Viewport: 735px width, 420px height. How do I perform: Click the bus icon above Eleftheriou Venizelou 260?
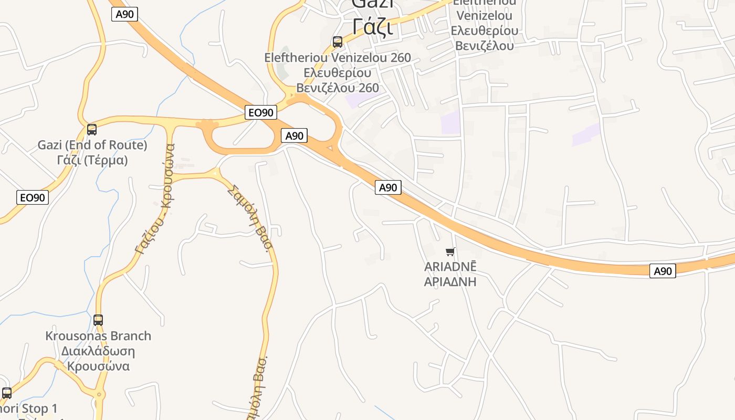click(x=338, y=41)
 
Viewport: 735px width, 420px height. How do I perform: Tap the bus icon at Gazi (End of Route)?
click(x=92, y=129)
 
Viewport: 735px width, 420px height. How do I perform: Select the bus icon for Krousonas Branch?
click(x=98, y=320)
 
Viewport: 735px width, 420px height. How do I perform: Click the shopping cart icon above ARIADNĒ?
click(x=450, y=252)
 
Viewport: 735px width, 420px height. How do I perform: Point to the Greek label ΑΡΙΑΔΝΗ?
click(x=450, y=281)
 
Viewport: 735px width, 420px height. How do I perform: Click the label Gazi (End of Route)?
click(x=92, y=145)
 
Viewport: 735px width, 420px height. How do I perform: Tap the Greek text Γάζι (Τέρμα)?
click(x=92, y=160)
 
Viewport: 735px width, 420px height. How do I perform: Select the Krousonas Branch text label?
click(x=98, y=336)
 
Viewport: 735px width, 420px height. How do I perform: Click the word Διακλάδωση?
click(x=98, y=351)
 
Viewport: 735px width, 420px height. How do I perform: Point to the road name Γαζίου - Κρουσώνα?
click(x=154, y=199)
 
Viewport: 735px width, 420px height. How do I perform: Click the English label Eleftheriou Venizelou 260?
click(x=338, y=58)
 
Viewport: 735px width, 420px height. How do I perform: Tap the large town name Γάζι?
click(x=373, y=26)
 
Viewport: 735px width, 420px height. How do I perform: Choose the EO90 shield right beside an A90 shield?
click(x=260, y=112)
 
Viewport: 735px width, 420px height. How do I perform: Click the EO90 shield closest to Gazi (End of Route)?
click(x=33, y=197)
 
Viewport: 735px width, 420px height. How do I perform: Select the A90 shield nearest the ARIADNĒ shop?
click(x=388, y=187)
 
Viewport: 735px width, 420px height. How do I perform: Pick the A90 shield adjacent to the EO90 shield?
click(x=294, y=135)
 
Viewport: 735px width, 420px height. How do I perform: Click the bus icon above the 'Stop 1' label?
click(x=7, y=393)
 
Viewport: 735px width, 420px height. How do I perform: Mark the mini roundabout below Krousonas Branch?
click(x=99, y=394)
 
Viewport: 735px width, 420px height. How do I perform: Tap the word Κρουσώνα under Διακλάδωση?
click(x=98, y=366)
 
